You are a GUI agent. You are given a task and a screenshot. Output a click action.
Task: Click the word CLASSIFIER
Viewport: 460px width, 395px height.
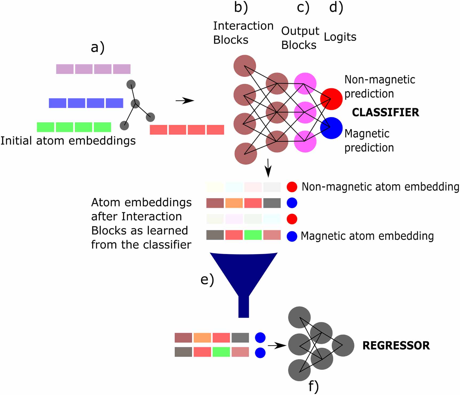(385, 112)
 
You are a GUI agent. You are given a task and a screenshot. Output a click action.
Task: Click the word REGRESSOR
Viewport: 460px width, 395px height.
(396, 346)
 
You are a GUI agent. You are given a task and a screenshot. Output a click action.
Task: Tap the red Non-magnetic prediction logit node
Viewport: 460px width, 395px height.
(331, 99)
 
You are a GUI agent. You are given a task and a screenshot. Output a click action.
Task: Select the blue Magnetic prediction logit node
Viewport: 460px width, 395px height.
(331, 128)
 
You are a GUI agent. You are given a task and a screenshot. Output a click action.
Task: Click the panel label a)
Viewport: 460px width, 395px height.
(98, 48)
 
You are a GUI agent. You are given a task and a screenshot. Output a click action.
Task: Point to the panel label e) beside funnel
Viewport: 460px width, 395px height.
(207, 280)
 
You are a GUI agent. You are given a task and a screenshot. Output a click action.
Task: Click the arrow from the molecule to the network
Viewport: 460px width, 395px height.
(185, 101)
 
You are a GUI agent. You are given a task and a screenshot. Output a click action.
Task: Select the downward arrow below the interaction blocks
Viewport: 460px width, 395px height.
(268, 168)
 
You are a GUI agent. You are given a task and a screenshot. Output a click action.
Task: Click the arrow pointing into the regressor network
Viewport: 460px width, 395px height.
(277, 346)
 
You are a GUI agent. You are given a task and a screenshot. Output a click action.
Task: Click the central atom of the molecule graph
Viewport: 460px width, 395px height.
(135, 104)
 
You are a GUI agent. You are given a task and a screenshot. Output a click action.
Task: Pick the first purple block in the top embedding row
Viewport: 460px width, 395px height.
(65, 69)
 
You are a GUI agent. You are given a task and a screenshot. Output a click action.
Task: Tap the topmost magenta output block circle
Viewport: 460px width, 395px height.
(305, 83)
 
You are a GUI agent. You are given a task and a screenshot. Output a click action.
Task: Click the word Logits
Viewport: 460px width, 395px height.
(340, 37)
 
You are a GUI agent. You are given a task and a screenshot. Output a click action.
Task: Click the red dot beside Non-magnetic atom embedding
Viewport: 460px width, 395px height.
(292, 187)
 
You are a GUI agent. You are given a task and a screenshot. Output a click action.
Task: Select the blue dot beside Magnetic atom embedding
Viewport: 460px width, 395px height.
(292, 236)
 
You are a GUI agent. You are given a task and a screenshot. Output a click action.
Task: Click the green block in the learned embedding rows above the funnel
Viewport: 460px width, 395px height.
(253, 235)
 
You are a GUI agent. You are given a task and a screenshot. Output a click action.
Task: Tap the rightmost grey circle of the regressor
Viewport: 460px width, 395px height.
(343, 346)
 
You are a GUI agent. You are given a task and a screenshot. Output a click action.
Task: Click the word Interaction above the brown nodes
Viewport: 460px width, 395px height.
(243, 26)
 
